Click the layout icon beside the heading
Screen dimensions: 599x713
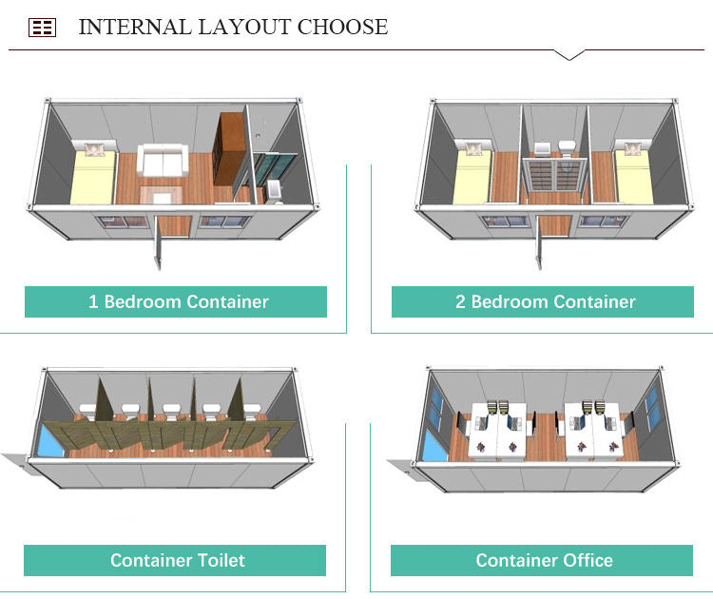pos(42,28)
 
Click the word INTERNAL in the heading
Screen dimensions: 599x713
pos(133,27)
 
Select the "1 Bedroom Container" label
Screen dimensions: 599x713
pos(178,302)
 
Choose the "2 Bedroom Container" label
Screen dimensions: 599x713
pos(544,302)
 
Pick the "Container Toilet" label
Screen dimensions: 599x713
pos(177,560)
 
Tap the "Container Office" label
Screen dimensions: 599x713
pos(544,560)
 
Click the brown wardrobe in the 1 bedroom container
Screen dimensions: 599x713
pos(229,149)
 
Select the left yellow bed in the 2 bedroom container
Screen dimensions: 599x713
pos(472,175)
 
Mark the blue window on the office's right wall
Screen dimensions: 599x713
pos(654,410)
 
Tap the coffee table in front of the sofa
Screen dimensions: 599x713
pos(157,196)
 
